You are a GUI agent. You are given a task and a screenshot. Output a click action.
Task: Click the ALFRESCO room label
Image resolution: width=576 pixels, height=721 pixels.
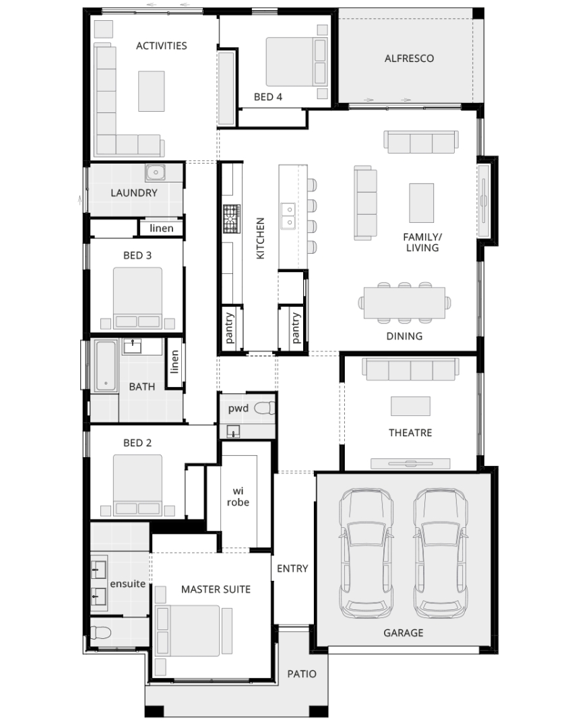pos(409,59)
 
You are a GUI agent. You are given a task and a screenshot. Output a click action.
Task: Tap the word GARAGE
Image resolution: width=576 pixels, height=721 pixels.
pos(404,633)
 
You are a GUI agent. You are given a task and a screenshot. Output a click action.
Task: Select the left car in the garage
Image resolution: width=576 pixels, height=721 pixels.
pos(366,553)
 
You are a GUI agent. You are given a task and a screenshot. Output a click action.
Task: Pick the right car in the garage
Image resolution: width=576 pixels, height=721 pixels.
pos(441,553)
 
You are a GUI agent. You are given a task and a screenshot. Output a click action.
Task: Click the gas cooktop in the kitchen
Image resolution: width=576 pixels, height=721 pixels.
pos(232,218)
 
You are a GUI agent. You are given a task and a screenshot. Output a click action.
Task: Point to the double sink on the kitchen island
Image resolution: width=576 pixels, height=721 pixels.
pos(289,215)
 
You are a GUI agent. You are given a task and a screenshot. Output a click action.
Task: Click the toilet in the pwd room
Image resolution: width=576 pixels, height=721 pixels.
pos(265,408)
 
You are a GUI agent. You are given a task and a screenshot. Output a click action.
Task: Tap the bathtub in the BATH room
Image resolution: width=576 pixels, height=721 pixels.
pos(105,366)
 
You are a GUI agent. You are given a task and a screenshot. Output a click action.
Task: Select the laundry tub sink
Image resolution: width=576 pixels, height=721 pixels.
pos(156,172)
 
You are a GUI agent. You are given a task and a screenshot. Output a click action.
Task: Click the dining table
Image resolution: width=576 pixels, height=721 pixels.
pos(404,302)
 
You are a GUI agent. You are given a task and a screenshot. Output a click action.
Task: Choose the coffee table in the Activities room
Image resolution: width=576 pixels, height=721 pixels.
pos(152,91)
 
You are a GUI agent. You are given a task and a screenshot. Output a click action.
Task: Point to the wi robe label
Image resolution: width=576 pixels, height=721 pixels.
pos(238,497)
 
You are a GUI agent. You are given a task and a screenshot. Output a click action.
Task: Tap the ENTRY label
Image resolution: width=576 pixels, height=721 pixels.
pos(292,569)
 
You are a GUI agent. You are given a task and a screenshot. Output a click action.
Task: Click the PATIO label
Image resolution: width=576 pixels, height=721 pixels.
pos(302,674)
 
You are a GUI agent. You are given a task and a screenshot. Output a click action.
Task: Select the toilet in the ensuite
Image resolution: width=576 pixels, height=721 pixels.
pos(101,633)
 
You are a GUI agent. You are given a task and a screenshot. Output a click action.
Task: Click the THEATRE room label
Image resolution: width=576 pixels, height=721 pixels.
pos(410,433)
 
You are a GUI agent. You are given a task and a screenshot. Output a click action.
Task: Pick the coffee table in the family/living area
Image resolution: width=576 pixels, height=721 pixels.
pos(422,203)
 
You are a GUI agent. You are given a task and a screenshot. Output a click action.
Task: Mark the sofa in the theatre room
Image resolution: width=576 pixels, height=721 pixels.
pos(410,369)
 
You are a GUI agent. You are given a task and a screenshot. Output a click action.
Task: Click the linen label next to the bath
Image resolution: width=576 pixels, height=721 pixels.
pos(174,362)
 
